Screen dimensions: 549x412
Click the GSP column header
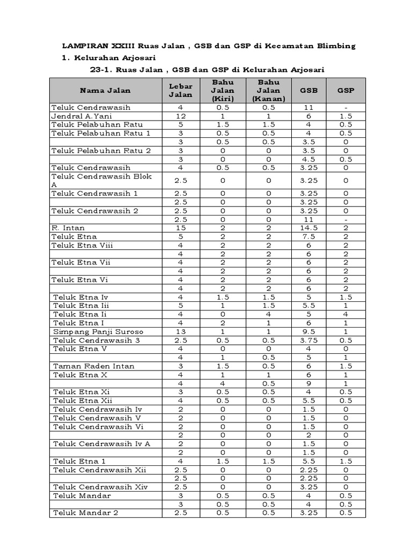(345, 91)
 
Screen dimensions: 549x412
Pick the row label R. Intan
(68, 228)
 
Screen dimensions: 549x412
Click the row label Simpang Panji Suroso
(98, 332)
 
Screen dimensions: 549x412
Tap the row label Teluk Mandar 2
(85, 513)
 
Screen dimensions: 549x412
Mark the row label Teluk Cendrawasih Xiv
(99, 487)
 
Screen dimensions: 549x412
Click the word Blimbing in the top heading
(335, 46)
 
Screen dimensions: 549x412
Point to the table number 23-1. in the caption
(102, 70)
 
